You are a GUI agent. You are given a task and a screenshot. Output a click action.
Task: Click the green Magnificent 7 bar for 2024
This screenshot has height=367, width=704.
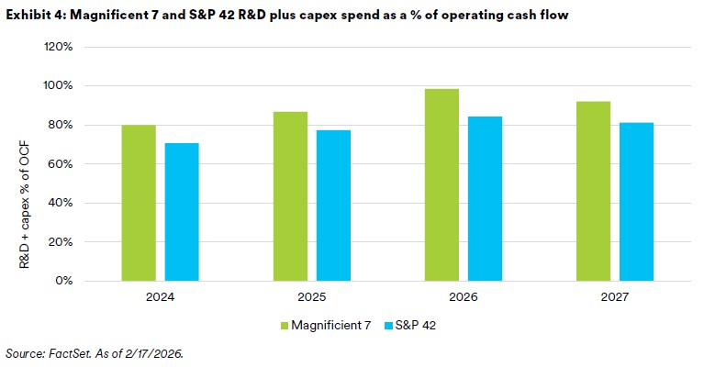pos(139,203)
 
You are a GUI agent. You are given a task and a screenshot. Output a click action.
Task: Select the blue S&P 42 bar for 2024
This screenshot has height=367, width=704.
pos(182,212)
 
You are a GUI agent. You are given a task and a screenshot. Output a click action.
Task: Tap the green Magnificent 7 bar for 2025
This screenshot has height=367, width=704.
pos(291,196)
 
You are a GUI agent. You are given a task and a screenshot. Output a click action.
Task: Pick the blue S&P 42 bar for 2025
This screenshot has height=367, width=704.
pos(334,206)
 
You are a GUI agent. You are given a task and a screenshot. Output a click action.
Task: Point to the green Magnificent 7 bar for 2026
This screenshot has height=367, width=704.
pos(442,184)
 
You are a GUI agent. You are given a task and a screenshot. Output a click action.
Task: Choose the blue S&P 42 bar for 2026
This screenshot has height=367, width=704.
pos(486,198)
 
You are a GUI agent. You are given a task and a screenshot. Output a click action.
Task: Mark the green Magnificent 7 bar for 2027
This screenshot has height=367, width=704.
pos(594,191)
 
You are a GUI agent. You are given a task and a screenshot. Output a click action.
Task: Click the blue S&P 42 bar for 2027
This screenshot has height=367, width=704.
pos(636,201)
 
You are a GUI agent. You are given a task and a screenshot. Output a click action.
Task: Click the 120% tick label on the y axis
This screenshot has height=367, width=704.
pos(71,47)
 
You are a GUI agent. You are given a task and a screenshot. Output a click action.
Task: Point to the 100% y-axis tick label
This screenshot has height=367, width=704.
pos(71,86)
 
